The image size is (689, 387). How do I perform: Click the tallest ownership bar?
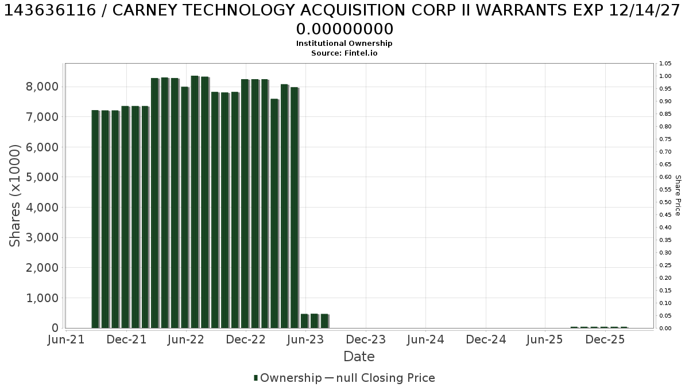[x=195, y=202]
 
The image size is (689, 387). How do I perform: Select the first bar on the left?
[x=95, y=219]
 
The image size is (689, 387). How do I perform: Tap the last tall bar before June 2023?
[x=295, y=208]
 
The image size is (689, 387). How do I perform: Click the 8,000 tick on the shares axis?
[x=42, y=87]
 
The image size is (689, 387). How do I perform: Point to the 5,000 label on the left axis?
[x=42, y=177]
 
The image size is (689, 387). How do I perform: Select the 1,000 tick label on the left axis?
[x=42, y=298]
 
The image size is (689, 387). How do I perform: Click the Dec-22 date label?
[x=246, y=339]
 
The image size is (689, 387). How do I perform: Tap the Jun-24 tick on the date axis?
[x=425, y=339]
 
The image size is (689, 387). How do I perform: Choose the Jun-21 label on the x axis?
[x=66, y=339]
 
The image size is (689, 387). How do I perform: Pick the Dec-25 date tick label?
[x=605, y=339]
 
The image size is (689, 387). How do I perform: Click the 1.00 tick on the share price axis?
[x=665, y=76]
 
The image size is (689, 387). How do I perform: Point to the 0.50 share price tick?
[x=665, y=202]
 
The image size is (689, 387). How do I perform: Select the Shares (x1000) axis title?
[x=14, y=196]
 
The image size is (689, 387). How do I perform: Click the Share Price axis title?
[x=678, y=196]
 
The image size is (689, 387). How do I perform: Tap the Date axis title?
[x=359, y=357]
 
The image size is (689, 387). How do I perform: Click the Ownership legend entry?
[x=287, y=378]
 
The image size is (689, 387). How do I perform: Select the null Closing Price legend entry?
[x=380, y=378]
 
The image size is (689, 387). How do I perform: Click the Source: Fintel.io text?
[x=344, y=53]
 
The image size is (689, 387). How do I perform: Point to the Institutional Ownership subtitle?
[x=344, y=44]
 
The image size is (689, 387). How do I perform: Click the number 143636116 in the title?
[x=50, y=11]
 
